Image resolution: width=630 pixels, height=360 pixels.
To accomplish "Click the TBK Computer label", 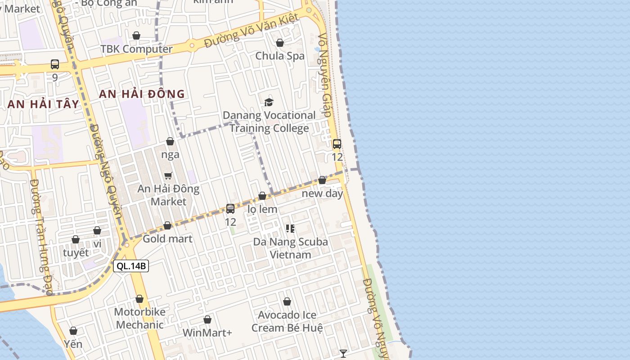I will (136, 49).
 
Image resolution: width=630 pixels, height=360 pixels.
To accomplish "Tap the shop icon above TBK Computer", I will (136, 36).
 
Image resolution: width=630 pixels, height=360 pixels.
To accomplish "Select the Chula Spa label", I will (280, 56).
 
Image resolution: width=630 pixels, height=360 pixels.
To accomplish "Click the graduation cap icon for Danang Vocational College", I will (269, 102).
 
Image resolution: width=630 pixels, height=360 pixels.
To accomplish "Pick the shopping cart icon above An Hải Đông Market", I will (168, 175).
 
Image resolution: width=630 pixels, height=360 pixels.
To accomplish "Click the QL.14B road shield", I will (131, 266).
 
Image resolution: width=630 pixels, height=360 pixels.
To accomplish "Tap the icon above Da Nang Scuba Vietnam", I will (290, 229).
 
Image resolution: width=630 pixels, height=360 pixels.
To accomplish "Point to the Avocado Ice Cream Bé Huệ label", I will (287, 321).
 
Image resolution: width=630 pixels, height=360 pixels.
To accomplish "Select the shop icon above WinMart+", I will (207, 319).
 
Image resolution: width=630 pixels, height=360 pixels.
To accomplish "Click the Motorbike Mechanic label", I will (140, 318).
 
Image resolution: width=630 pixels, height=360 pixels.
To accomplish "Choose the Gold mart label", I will (167, 238).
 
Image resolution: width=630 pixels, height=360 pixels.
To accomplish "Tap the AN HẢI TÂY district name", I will (43, 104).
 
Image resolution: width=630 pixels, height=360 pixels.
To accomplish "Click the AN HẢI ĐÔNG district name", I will (142, 94).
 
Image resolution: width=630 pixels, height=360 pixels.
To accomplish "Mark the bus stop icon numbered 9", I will (55, 64).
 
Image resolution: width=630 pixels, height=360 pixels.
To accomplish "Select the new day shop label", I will (322, 193).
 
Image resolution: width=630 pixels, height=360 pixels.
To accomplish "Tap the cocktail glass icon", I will (343, 354).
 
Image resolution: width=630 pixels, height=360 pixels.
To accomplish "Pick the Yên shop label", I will (73, 344).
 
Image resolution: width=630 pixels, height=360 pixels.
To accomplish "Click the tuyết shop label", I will (76, 252).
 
